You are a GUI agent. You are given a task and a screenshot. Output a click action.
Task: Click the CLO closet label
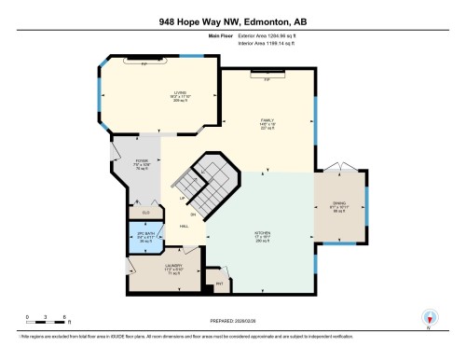133,214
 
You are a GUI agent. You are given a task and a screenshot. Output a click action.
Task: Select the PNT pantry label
221,282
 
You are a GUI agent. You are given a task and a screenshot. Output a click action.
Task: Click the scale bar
39,314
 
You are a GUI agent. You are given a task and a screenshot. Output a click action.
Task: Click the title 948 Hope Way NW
232,20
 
